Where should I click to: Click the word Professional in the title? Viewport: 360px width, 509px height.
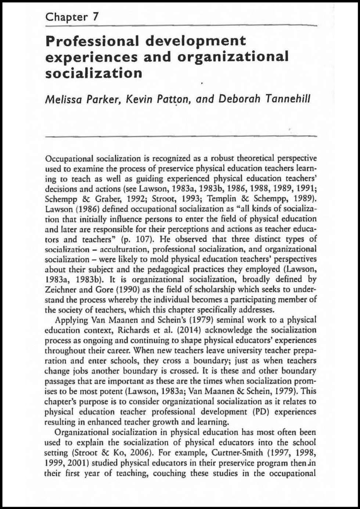pos(92,40)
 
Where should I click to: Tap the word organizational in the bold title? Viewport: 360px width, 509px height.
pos(233,57)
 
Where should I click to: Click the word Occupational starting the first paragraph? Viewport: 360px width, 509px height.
pos(69,159)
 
